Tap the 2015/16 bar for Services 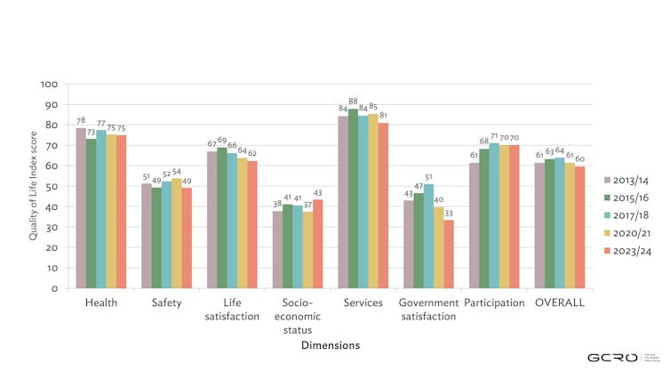tap(353, 198)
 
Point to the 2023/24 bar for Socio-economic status tap(316, 244)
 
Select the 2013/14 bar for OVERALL tap(539, 226)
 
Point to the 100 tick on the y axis tap(50, 85)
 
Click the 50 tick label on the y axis tap(52, 186)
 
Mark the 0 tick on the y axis tap(55, 288)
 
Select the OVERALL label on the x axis tap(560, 303)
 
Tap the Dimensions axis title tap(331, 344)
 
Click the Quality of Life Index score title tap(33, 186)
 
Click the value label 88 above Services tap(353, 102)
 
